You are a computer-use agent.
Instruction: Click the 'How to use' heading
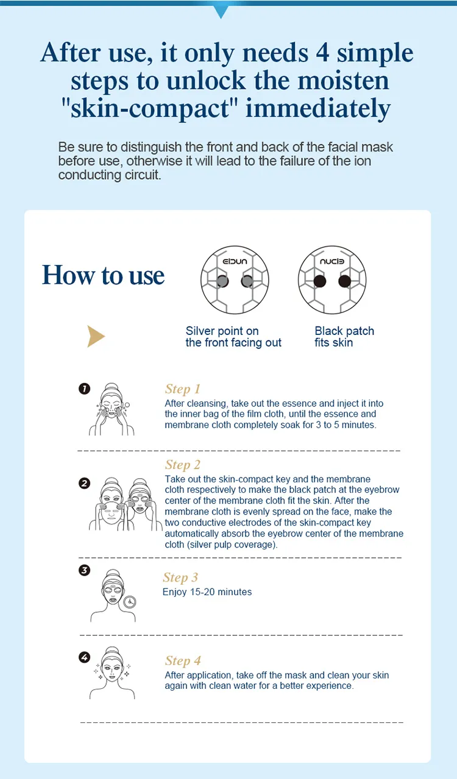[x=104, y=275]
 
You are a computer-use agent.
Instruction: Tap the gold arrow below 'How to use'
[x=96, y=336]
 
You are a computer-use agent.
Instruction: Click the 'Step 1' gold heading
[x=182, y=389]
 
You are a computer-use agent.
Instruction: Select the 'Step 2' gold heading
[x=182, y=465]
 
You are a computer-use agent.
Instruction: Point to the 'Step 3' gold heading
[x=180, y=578]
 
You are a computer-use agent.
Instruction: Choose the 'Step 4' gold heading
[x=183, y=661]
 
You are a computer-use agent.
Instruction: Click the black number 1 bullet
[x=85, y=389]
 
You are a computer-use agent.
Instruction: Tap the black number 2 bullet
[x=85, y=484]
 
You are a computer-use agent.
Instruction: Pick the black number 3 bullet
[x=85, y=571]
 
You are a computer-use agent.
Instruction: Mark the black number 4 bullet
[x=85, y=657]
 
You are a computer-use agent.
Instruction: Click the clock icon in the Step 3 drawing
[x=129, y=602]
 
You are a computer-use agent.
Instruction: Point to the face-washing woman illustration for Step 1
[x=112, y=409]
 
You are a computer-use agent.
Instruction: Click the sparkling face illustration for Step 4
[x=112, y=673]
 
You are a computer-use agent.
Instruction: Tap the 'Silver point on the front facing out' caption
[x=233, y=337]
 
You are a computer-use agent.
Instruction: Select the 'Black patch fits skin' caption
[x=344, y=337]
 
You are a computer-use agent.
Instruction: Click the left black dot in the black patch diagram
[x=318, y=281]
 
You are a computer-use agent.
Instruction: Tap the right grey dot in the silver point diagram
[x=247, y=281]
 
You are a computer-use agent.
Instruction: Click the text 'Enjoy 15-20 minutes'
[x=207, y=592]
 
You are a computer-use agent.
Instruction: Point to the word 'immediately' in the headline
[x=318, y=109]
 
